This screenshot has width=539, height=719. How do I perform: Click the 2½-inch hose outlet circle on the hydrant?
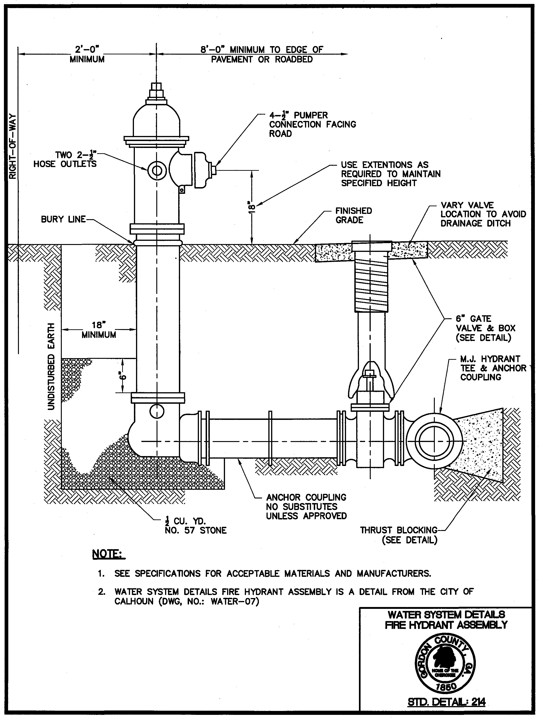click(157, 170)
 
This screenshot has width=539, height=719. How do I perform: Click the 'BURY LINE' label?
click(63, 219)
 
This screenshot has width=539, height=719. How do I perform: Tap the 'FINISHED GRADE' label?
click(353, 215)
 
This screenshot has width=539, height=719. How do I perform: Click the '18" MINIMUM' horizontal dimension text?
click(99, 330)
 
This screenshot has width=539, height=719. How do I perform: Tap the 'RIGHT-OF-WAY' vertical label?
click(12, 146)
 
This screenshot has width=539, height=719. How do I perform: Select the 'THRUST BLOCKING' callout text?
click(399, 530)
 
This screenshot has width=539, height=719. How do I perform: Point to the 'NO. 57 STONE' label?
click(196, 530)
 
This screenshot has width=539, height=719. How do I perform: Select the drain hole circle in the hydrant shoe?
click(157, 411)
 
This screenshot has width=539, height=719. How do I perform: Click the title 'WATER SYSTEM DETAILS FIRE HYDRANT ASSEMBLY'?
click(446, 620)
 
